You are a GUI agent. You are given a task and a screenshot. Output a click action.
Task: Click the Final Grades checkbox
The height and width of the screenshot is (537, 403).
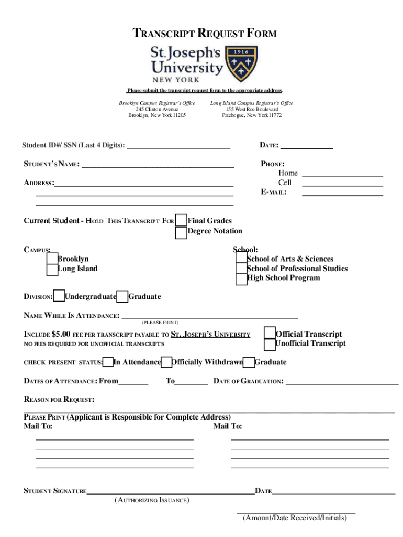click(181, 221)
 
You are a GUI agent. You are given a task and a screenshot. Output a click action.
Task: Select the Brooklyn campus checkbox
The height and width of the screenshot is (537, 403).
click(52, 259)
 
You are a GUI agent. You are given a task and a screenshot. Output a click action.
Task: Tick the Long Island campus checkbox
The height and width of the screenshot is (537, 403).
click(52, 270)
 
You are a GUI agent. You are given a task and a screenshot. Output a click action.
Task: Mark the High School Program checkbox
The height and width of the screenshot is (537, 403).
click(241, 279)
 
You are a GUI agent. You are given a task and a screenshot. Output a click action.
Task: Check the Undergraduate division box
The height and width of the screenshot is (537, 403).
click(60, 297)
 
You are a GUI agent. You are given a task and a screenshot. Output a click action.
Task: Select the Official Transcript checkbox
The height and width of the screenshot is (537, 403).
click(270, 334)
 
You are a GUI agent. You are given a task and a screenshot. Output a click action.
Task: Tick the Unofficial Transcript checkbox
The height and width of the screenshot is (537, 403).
click(270, 344)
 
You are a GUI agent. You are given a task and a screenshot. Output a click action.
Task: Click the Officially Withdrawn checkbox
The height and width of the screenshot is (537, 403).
click(166, 362)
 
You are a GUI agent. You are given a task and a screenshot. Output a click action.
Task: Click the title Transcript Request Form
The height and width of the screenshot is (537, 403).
click(204, 34)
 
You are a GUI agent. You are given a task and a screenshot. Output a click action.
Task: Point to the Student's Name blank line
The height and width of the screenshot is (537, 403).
click(158, 166)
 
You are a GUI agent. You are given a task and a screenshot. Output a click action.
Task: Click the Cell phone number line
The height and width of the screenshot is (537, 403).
click(342, 185)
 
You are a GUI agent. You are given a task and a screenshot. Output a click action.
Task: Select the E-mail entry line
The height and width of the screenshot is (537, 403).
click(342, 195)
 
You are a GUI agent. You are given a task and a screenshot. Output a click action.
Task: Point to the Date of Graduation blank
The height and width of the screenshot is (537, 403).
click(342, 384)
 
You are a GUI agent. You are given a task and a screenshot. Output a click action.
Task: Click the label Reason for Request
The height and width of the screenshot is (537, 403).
click(59, 400)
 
